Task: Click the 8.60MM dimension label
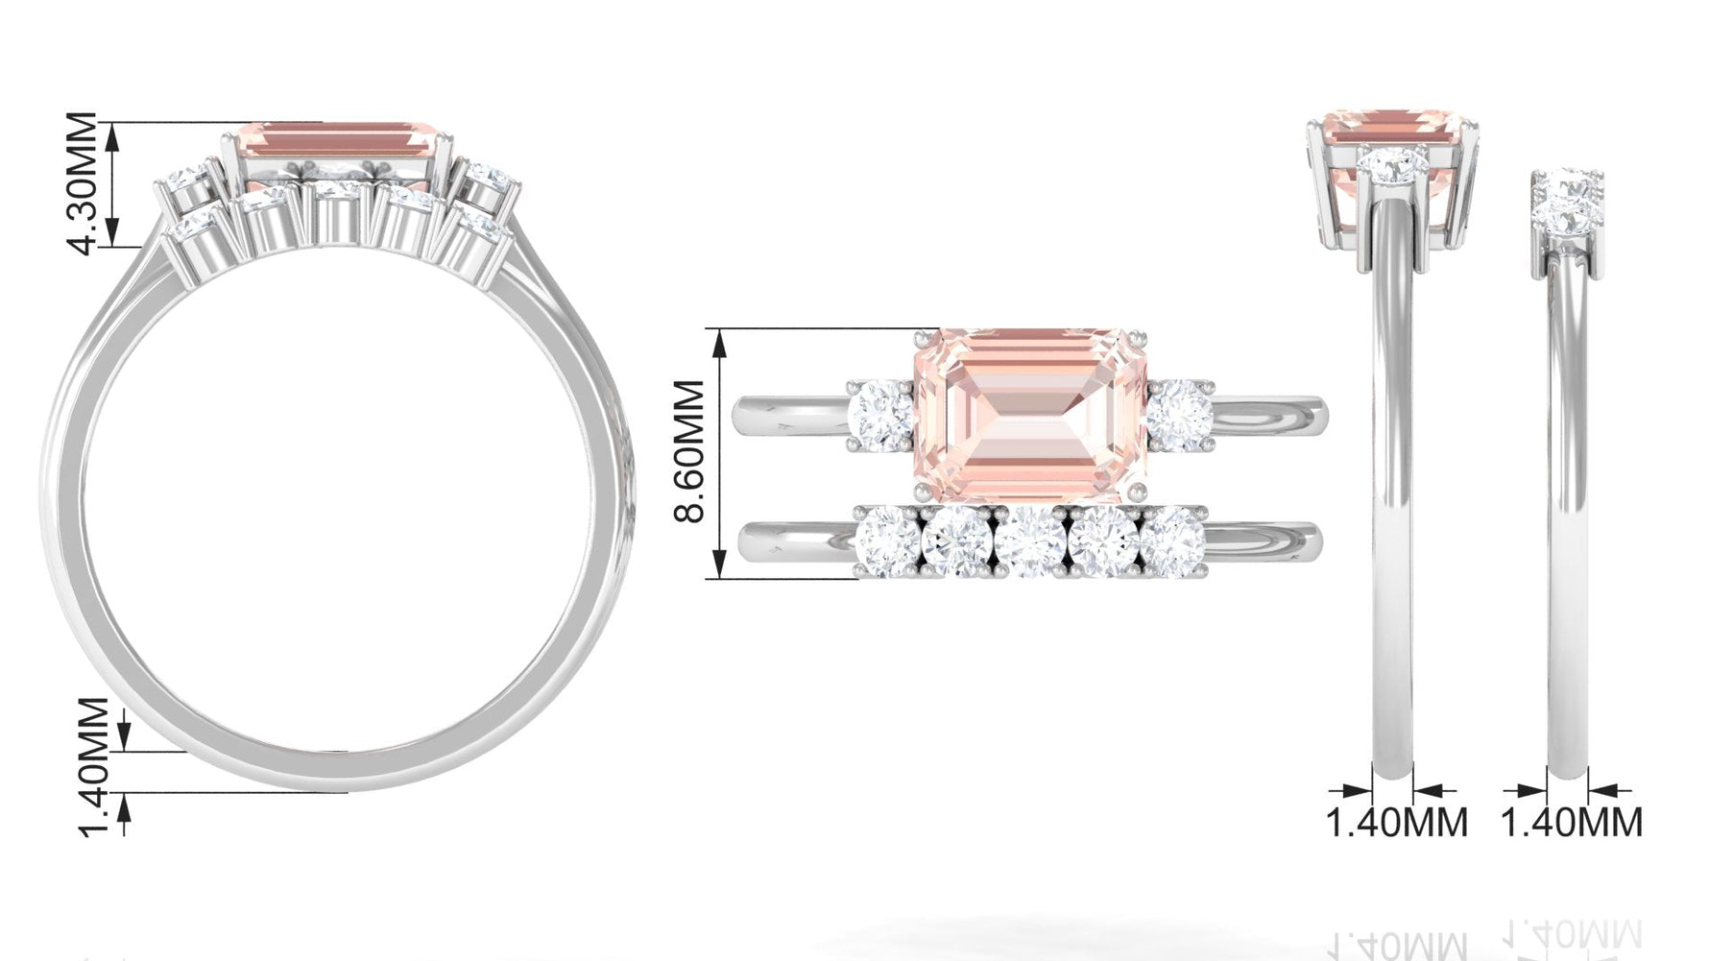(x=690, y=451)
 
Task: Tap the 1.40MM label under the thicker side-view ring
(x=1396, y=823)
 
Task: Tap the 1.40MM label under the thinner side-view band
(x=1572, y=823)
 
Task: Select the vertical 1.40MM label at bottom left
(x=93, y=766)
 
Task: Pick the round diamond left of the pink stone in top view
(x=881, y=413)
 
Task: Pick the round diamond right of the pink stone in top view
(x=1178, y=413)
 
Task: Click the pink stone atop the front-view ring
(x=336, y=138)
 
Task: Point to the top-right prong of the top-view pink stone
(x=1139, y=337)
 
